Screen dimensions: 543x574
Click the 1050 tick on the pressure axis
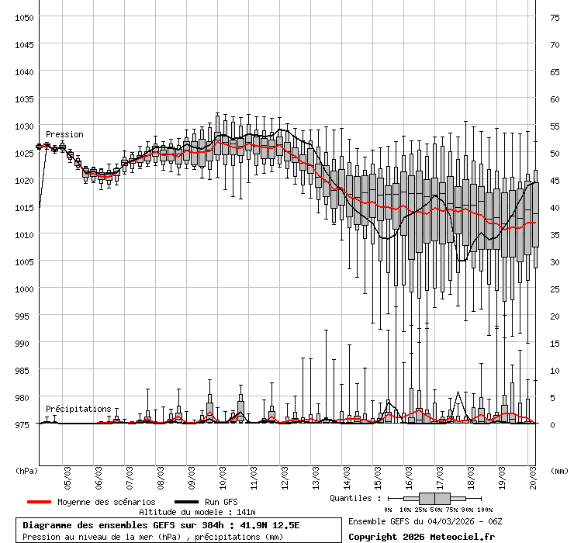click(x=24, y=17)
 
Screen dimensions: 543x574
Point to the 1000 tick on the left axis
click(x=24, y=289)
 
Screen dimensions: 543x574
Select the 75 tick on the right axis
click(x=555, y=17)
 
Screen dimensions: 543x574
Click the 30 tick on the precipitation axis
click(x=555, y=261)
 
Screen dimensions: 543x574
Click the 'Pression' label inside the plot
click(x=64, y=134)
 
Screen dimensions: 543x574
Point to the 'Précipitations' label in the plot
click(x=78, y=409)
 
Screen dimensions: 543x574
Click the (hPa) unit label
click(x=26, y=470)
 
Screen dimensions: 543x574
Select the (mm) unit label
click(x=558, y=470)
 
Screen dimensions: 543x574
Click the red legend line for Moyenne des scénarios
click(x=39, y=502)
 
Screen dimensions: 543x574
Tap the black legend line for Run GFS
click(x=186, y=502)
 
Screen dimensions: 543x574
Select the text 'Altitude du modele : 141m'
click(x=197, y=512)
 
